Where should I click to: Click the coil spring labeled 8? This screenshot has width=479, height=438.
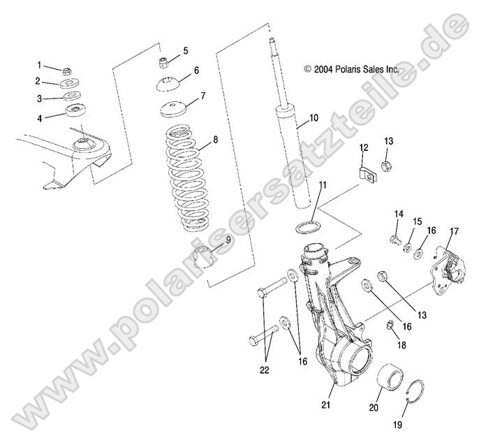coord(187,177)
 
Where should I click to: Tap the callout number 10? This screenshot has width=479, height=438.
coord(314,117)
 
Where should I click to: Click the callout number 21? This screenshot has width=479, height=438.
coord(325,404)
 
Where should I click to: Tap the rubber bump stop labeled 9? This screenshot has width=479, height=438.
coord(203,256)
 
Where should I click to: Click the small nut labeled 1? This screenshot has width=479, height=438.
coord(67,71)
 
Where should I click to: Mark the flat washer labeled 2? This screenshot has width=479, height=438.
coord(70,83)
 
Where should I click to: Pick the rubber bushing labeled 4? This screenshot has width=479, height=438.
coord(76,110)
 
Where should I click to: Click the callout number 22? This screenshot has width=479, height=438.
coord(264,370)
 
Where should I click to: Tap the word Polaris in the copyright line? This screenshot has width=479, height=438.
coord(348,69)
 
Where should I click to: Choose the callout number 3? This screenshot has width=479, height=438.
coord(39,98)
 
